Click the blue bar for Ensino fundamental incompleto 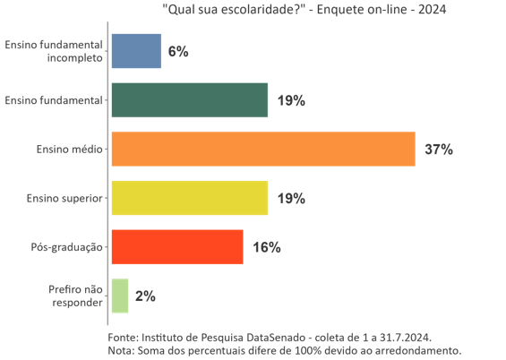click(x=136, y=51)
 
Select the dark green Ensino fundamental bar click(x=189, y=100)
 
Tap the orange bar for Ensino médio click(x=262, y=149)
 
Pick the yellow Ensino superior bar click(x=189, y=198)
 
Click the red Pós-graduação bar click(x=176, y=246)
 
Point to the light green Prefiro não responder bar click(x=119, y=296)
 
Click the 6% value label click(x=177, y=52)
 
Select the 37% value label click(x=438, y=150)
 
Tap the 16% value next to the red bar click(x=267, y=247)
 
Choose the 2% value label click(x=145, y=296)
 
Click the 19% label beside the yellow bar click(x=291, y=199)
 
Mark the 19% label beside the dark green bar click(x=291, y=101)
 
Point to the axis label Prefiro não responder click(x=76, y=296)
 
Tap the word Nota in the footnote click(x=120, y=350)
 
